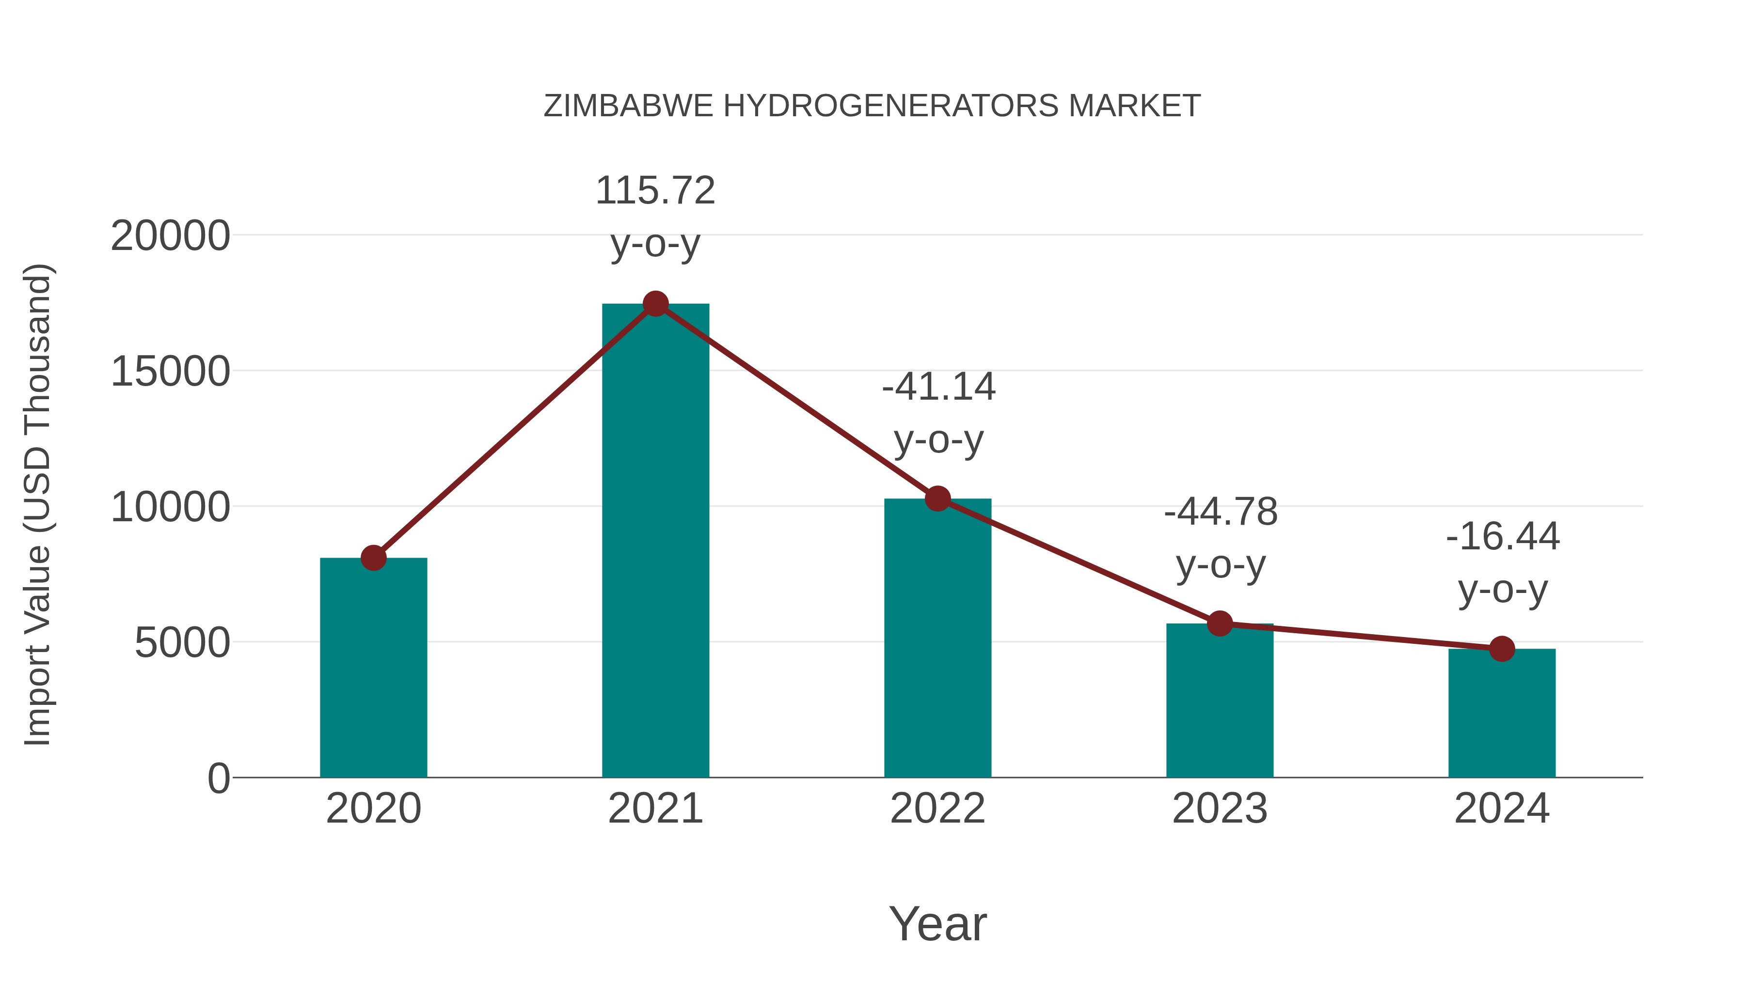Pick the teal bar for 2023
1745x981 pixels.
coord(1220,700)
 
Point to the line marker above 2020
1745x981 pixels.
coord(373,558)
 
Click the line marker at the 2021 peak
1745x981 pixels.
coord(655,304)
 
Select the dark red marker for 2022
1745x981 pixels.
coord(937,499)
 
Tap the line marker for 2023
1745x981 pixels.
coord(1220,623)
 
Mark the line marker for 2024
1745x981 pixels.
coord(1502,649)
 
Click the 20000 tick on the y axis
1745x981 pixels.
coord(170,236)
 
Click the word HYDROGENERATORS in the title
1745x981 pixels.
coord(891,106)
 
